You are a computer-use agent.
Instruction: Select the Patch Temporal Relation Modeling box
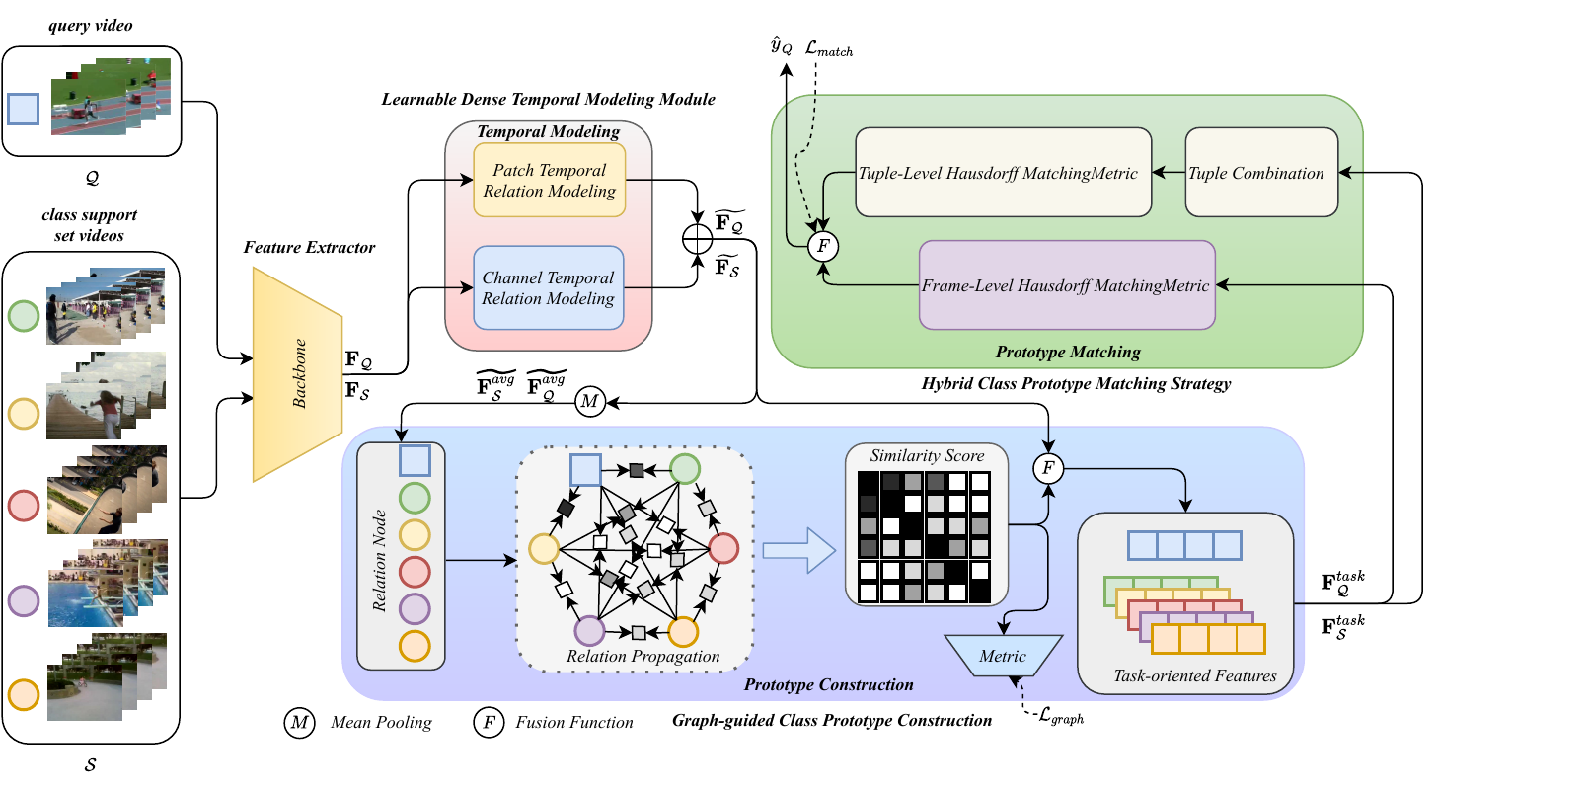[x=549, y=181]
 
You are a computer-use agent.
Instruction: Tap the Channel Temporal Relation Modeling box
[x=548, y=288]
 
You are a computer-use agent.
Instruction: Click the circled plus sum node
[x=698, y=238]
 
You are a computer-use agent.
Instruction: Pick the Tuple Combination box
[x=1261, y=173]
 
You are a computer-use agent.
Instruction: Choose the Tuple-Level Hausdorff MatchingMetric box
[x=1003, y=173]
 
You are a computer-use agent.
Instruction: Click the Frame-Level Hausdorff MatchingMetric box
[x=1066, y=285]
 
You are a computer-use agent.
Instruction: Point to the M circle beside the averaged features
[x=590, y=402]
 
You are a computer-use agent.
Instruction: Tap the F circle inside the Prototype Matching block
[x=823, y=246]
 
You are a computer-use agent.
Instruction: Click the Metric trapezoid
[x=1003, y=656]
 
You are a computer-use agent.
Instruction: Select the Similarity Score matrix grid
[x=924, y=536]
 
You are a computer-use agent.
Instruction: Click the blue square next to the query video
[x=23, y=109]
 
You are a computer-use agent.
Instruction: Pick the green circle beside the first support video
[x=24, y=316]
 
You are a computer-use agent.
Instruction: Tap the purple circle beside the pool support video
[x=24, y=600]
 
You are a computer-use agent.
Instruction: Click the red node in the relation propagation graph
[x=723, y=548]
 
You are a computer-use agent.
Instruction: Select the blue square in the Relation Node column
[x=415, y=460]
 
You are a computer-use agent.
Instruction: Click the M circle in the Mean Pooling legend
[x=299, y=723]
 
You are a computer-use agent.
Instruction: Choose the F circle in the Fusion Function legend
[x=489, y=723]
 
